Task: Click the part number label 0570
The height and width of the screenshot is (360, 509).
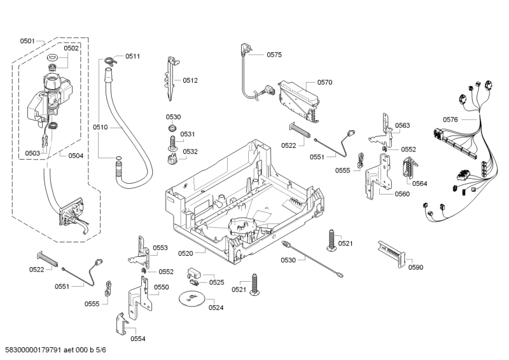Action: (324, 83)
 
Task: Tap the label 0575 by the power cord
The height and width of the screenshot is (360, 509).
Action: (274, 55)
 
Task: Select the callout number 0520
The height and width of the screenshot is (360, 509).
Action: (185, 254)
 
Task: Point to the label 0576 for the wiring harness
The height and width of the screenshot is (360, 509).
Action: (450, 120)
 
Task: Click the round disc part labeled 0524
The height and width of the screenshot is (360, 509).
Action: (192, 298)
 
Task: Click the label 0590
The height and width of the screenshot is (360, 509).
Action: (415, 268)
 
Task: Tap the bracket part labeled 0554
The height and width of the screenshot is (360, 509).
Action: (122, 324)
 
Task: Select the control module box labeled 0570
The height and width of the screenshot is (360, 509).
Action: (298, 100)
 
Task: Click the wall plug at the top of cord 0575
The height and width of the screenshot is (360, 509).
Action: (244, 50)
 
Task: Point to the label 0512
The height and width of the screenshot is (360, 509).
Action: (190, 81)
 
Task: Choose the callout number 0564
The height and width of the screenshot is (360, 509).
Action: (419, 184)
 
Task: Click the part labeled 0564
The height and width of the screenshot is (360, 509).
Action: (410, 167)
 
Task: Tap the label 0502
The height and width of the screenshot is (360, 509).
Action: (71, 48)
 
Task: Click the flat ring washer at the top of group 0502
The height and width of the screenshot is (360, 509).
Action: (52, 58)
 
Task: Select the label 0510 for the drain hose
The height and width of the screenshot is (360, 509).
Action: (100, 127)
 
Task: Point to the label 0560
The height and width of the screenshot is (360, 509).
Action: (402, 194)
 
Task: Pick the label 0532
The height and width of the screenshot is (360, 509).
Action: (190, 151)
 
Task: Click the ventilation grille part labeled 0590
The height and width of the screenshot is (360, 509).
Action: (392, 254)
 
